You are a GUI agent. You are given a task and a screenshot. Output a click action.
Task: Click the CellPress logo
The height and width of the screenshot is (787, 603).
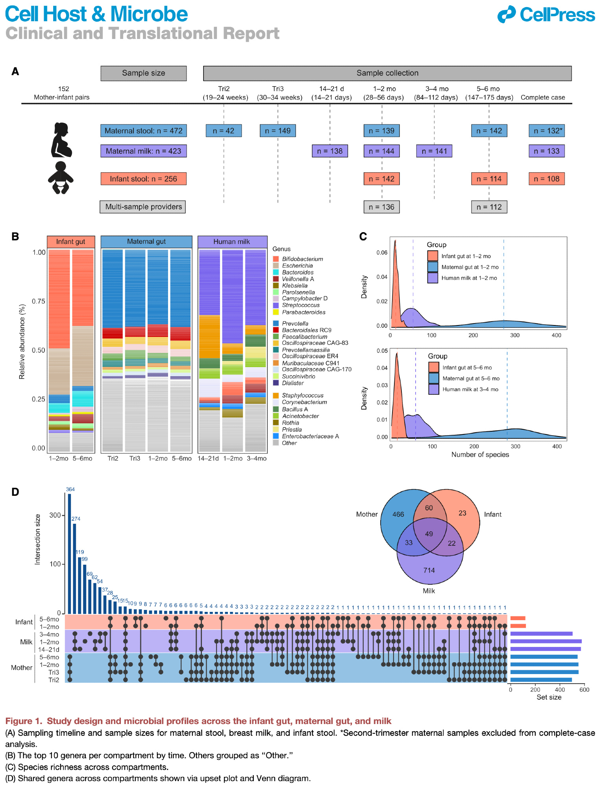tap(546, 15)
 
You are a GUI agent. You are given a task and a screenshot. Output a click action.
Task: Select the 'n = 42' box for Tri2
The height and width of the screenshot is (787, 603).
tap(224, 131)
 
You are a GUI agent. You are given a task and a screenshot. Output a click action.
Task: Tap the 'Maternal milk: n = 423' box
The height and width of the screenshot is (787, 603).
tap(143, 151)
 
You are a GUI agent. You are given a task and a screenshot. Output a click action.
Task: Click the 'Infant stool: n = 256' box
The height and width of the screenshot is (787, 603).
tap(143, 179)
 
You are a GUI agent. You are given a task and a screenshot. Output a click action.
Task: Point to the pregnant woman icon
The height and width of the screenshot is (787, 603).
tap(61, 140)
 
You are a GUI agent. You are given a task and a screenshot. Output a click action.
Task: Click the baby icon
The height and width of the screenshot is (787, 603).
tap(61, 177)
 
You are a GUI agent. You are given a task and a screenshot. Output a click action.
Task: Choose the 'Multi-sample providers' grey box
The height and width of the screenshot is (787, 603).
tap(143, 207)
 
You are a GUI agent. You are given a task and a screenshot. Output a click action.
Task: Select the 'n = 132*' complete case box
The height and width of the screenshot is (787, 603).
tap(547, 131)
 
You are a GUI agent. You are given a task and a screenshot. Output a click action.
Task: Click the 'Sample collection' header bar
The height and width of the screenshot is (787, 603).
tap(387, 73)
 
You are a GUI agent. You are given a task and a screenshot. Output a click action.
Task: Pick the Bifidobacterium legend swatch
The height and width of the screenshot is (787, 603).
tap(276, 259)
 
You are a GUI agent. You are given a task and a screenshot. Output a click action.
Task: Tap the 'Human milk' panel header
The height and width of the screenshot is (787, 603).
tap(232, 242)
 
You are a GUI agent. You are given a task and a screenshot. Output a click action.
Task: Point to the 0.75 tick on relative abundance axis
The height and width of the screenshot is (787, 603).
tap(39, 301)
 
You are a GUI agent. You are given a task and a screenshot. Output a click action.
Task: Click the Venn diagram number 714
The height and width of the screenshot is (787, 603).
tap(429, 570)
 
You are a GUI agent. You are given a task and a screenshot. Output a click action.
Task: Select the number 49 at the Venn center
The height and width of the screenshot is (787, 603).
tap(429, 534)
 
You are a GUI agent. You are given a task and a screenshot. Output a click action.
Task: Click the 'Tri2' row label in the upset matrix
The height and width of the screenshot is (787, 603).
tap(54, 680)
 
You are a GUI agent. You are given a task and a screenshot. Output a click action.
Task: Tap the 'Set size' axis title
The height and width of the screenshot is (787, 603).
tap(549, 697)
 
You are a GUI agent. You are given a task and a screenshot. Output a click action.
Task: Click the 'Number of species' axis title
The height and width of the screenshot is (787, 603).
tap(480, 455)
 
